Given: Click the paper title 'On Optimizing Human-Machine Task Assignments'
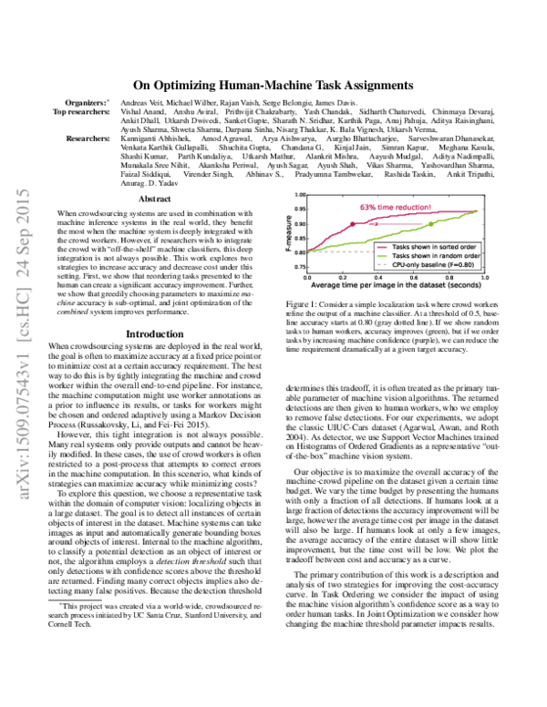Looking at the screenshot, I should (273, 83).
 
